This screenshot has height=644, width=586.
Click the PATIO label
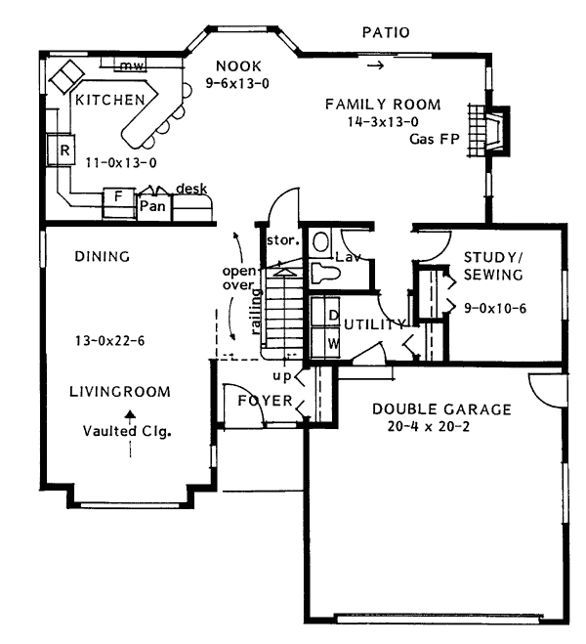click(386, 33)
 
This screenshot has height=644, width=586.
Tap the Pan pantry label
click(151, 205)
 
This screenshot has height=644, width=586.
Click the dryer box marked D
click(333, 316)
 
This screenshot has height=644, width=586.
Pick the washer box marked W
click(333, 343)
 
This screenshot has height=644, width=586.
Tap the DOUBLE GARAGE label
click(440, 408)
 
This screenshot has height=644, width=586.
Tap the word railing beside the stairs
click(255, 311)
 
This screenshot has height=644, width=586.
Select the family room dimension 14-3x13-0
click(384, 122)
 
